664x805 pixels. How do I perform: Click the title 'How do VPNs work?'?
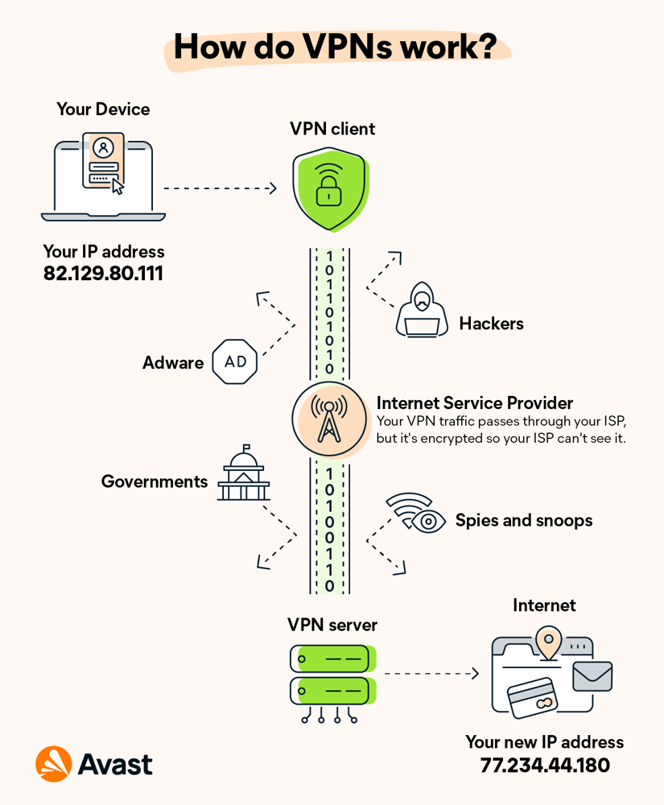point(334,46)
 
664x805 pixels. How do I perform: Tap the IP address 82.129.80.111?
point(103,274)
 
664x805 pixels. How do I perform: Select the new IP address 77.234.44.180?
point(544,764)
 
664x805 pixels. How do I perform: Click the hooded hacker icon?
point(422,310)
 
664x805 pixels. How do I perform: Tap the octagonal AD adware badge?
point(235,362)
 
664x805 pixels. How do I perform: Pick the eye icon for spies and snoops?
point(428,522)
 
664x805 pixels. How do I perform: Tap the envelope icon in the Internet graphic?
point(592,676)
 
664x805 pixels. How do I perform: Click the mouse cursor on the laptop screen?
point(118,187)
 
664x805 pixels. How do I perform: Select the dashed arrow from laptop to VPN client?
point(220,188)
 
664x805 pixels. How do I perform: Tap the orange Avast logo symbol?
point(54,763)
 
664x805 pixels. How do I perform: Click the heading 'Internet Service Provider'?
point(475,402)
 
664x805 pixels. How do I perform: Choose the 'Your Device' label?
point(103,109)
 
